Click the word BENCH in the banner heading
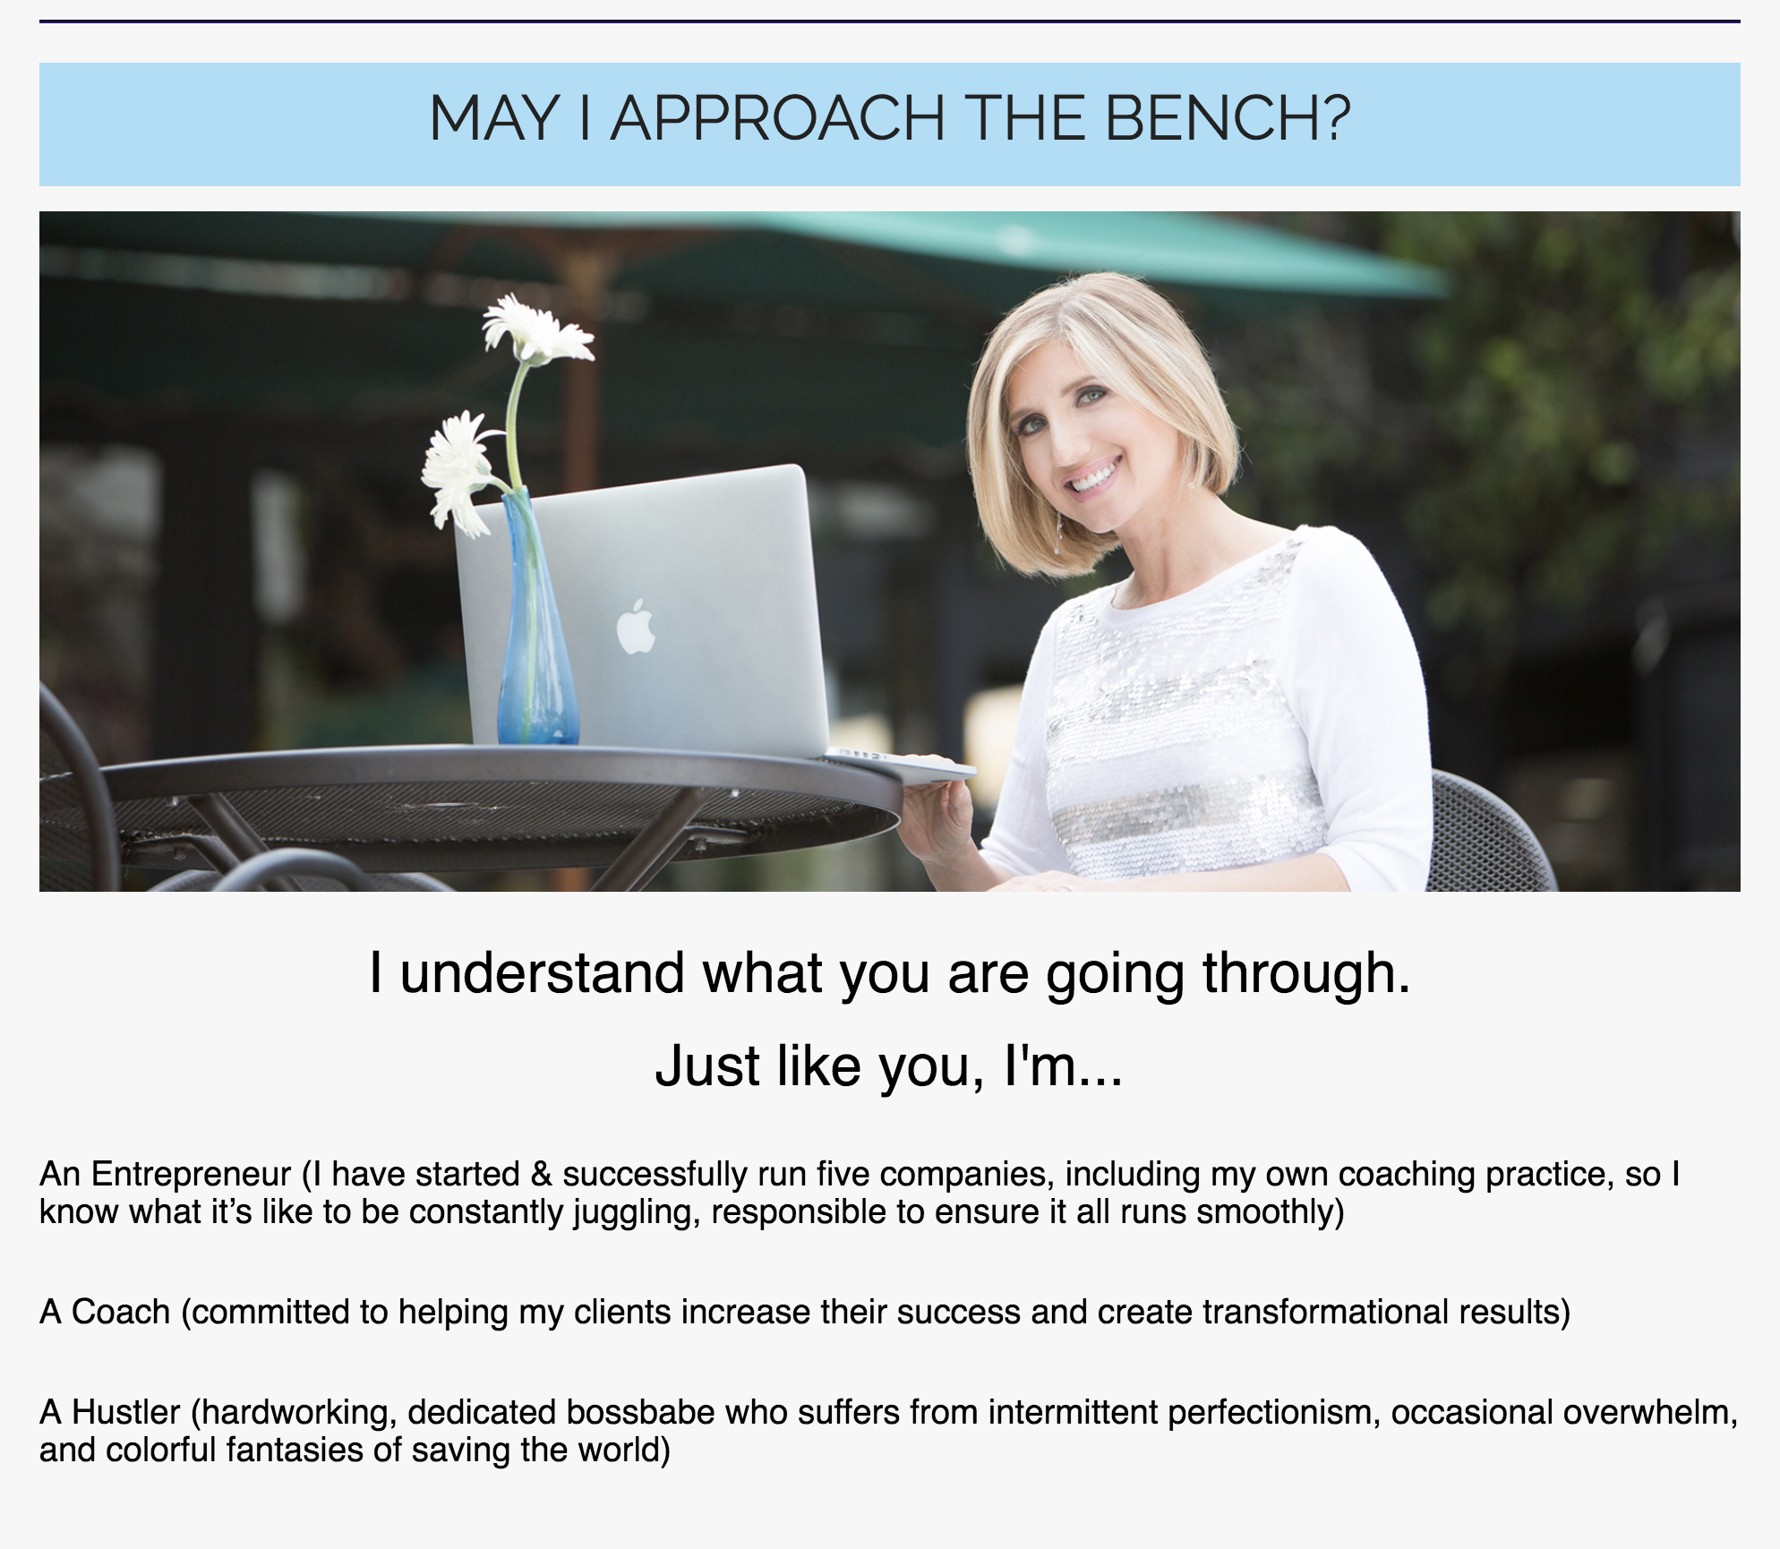[x=1228, y=118]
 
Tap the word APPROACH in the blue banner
[x=778, y=118]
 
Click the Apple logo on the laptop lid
[x=636, y=627]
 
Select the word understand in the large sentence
[x=542, y=973]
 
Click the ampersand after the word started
[x=542, y=1175]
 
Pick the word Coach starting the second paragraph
[x=121, y=1312]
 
